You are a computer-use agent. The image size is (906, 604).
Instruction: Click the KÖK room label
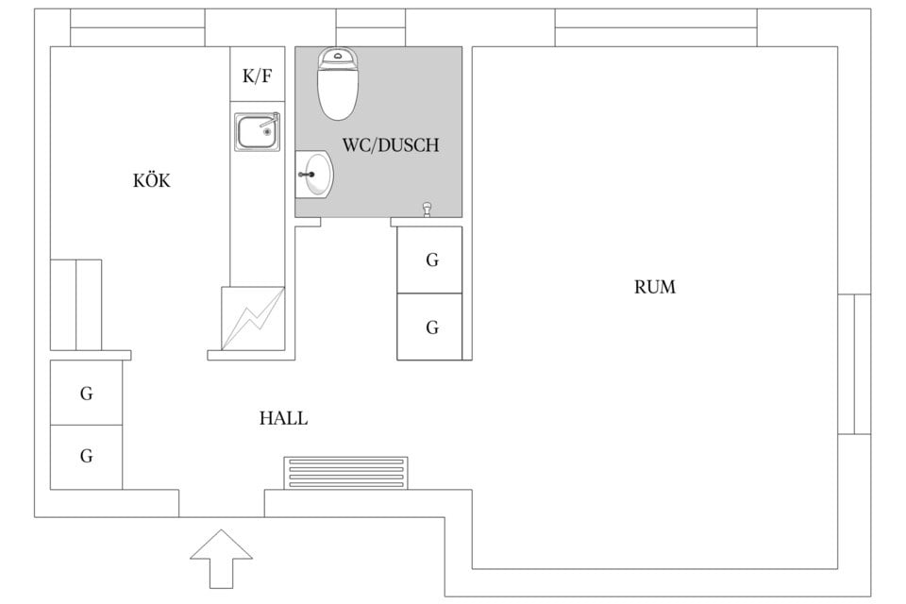click(152, 181)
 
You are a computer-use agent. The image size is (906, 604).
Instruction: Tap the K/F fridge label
click(257, 76)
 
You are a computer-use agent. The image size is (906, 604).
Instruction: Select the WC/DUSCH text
click(390, 146)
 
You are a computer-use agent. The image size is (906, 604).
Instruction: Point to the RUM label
click(654, 287)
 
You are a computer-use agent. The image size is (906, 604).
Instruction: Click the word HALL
click(283, 418)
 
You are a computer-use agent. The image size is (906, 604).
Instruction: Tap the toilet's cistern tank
click(338, 58)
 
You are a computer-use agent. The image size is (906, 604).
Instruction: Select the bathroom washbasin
click(316, 175)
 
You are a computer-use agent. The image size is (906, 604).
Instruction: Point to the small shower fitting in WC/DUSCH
click(428, 209)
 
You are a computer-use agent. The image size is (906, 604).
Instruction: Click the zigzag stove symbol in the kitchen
click(253, 319)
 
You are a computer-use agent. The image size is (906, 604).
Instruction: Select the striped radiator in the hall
click(346, 473)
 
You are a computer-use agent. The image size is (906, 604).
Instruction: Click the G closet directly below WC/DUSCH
click(430, 260)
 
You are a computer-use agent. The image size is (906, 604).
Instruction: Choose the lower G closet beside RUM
click(430, 327)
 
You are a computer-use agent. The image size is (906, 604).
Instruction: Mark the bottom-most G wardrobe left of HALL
click(86, 457)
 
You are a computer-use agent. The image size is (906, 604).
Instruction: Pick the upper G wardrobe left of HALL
click(86, 393)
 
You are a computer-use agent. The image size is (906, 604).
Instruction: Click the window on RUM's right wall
click(854, 363)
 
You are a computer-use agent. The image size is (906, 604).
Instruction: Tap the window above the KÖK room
click(138, 27)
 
